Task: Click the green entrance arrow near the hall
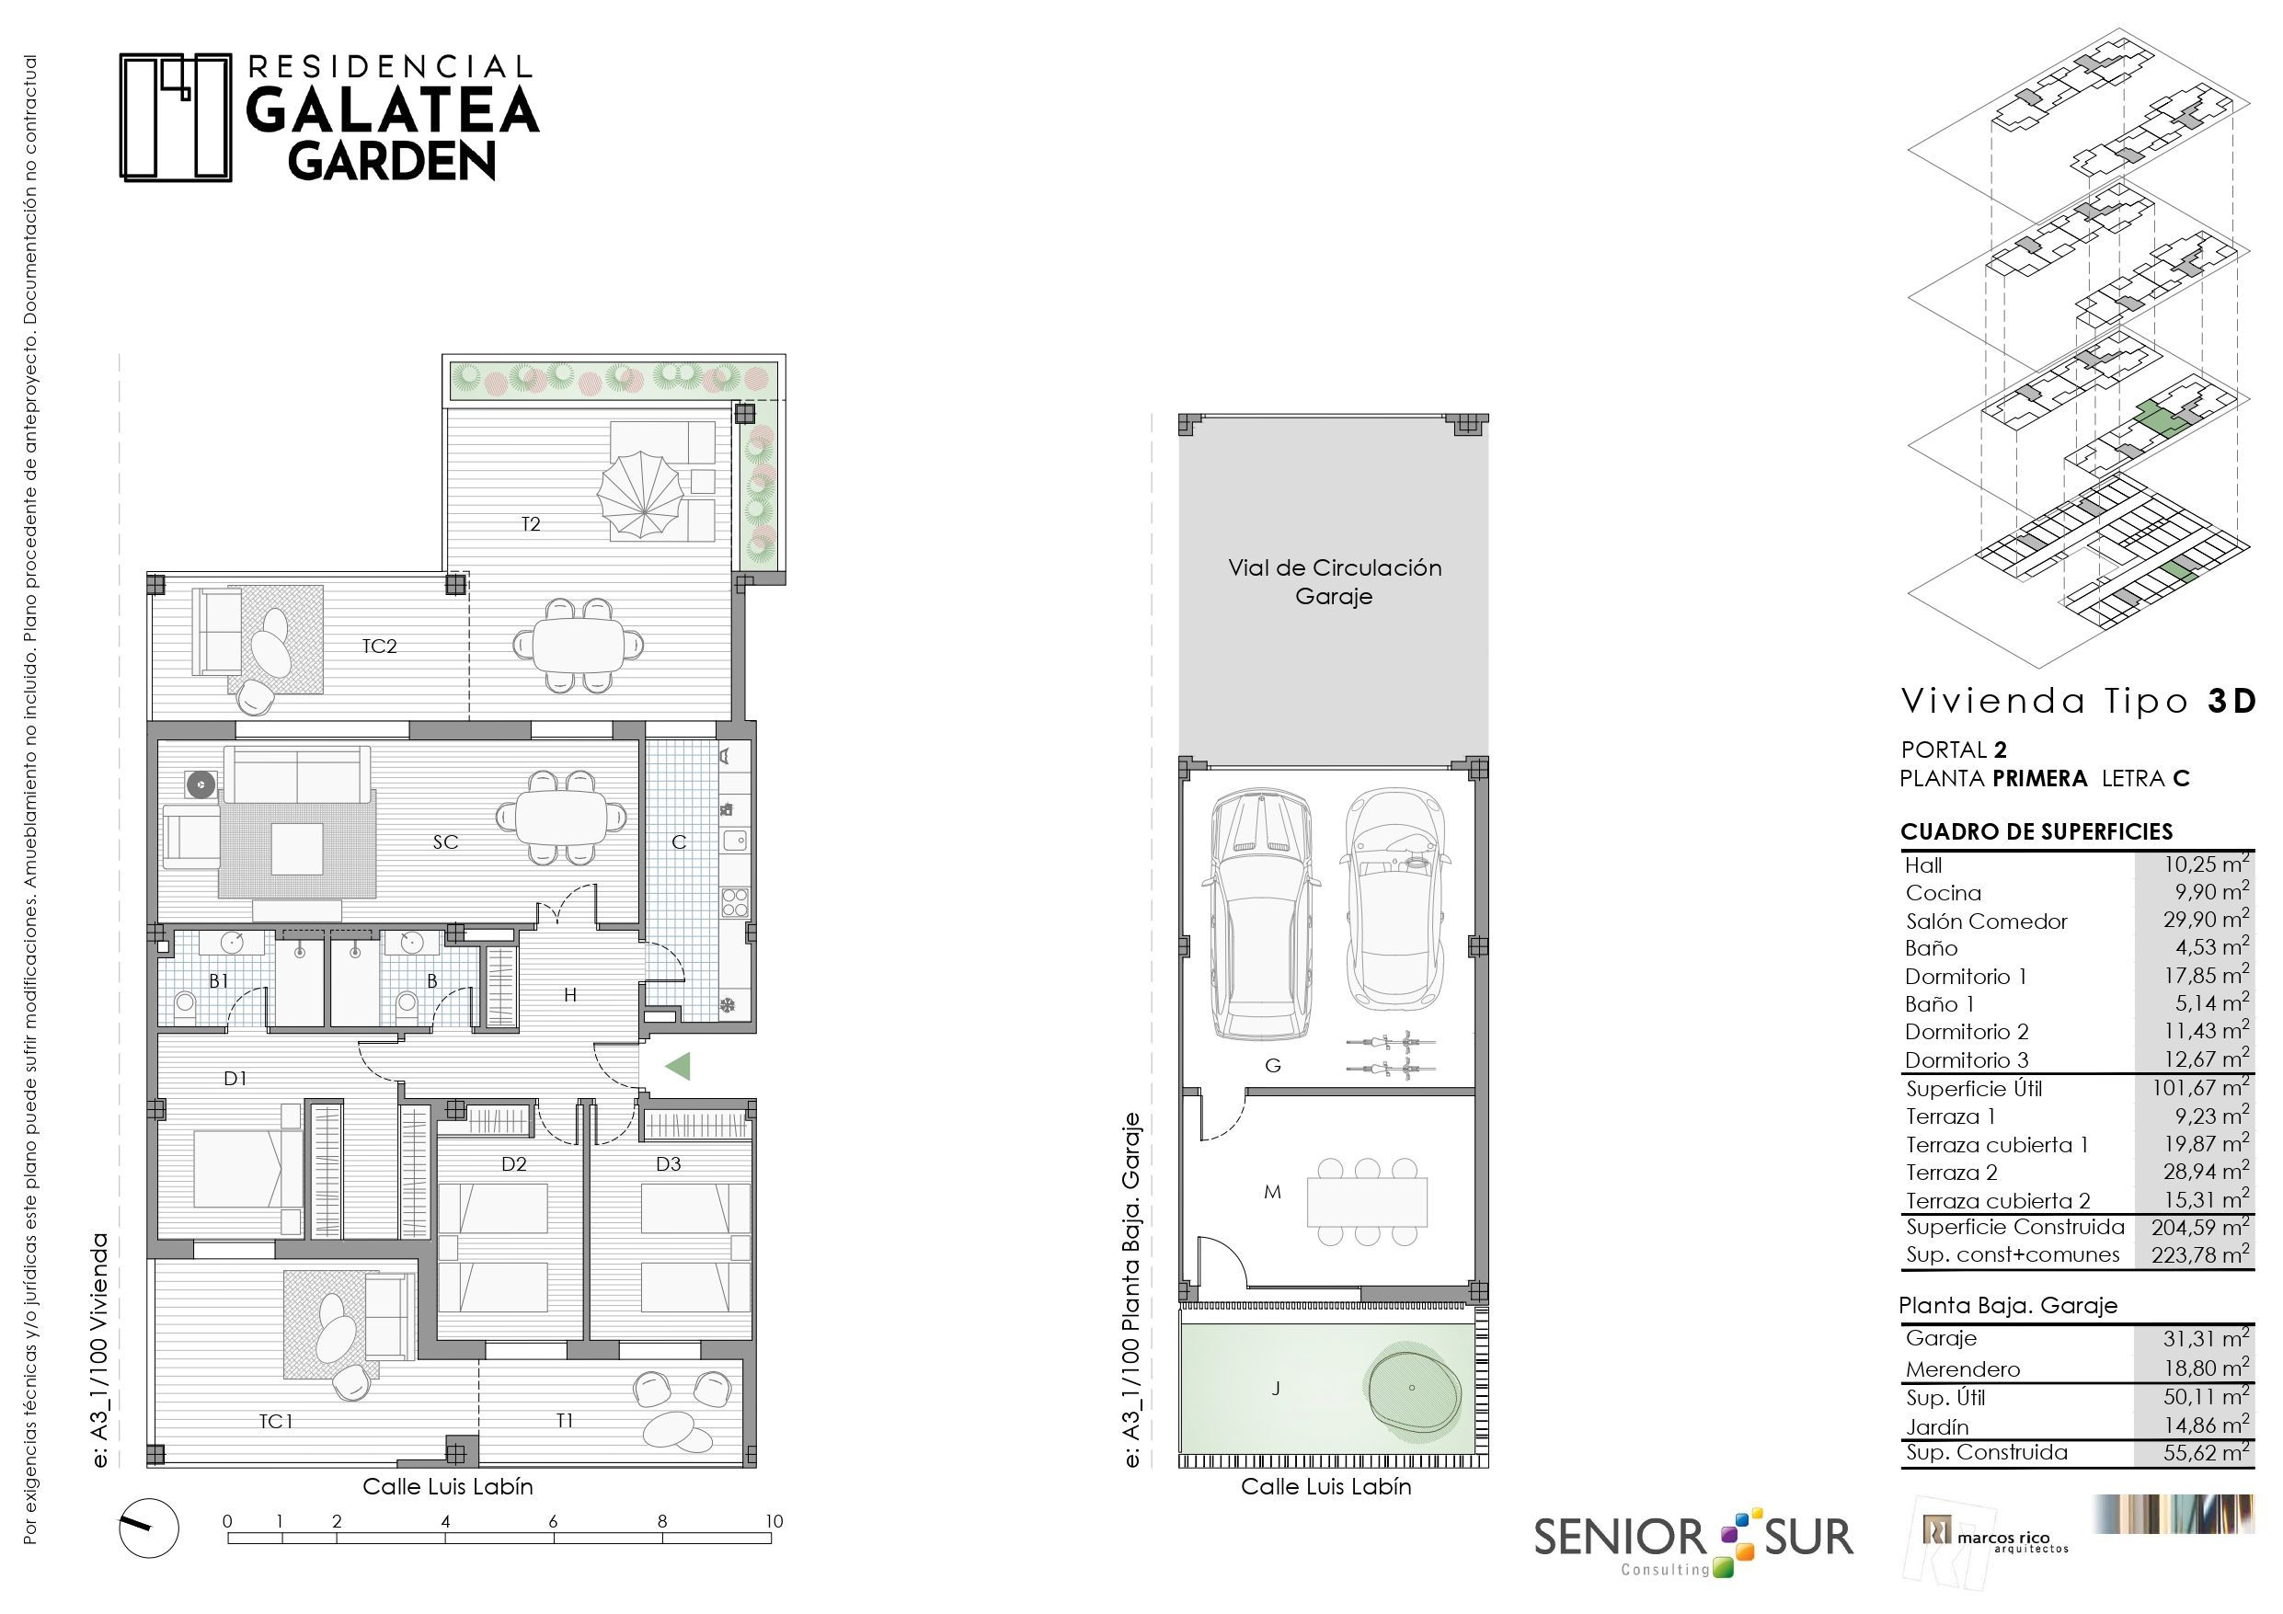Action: [678, 1067]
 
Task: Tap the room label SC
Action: [445, 842]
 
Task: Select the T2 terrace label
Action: [531, 524]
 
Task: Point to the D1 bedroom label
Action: [235, 1078]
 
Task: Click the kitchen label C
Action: [679, 842]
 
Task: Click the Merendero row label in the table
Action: [1962, 1369]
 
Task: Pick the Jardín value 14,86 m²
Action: [2207, 1425]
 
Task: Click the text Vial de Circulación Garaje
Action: [1335, 582]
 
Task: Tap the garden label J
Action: [1276, 1389]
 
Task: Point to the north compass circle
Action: [149, 1528]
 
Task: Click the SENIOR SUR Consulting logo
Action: [1693, 1540]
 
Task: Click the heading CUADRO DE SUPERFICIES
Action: [2036, 831]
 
